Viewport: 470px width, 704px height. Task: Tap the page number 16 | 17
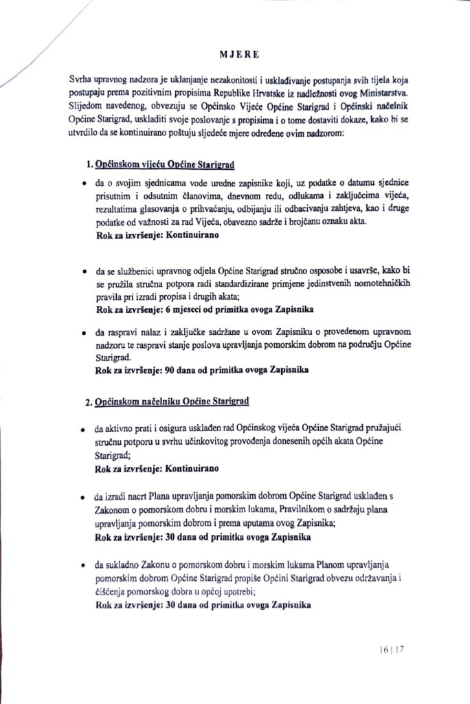tap(391, 649)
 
